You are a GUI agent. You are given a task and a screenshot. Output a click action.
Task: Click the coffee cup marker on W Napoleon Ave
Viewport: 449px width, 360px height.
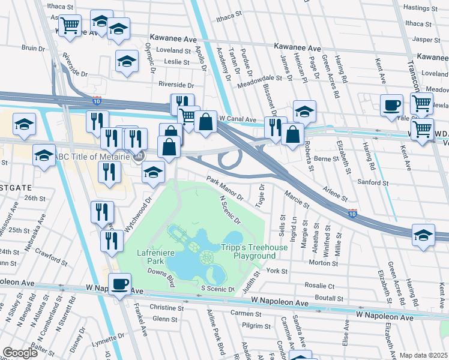(119, 284)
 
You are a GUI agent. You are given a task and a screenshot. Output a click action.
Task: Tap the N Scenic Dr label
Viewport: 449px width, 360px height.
(230, 209)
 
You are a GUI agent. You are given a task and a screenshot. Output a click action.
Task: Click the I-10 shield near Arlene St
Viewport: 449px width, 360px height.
(354, 213)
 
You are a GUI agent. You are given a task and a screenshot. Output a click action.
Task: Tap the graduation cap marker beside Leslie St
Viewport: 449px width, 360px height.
(127, 61)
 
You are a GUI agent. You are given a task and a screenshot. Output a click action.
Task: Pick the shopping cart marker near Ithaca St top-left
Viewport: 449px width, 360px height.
(70, 25)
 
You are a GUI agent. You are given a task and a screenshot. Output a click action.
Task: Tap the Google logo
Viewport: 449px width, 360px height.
(20, 353)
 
